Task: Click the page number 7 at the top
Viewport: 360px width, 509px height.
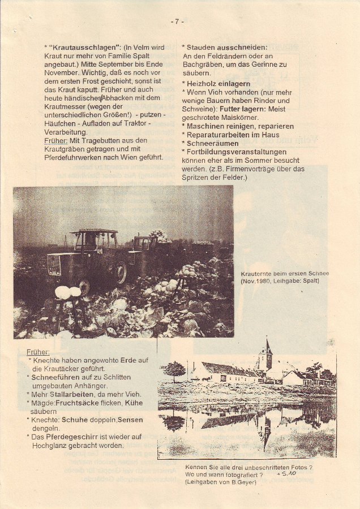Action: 177,21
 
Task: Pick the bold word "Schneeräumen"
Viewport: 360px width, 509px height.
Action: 209,144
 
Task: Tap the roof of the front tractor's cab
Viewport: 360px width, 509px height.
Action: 94,231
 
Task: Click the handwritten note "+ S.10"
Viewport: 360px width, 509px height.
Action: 288,475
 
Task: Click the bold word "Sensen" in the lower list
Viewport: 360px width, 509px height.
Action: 131,420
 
